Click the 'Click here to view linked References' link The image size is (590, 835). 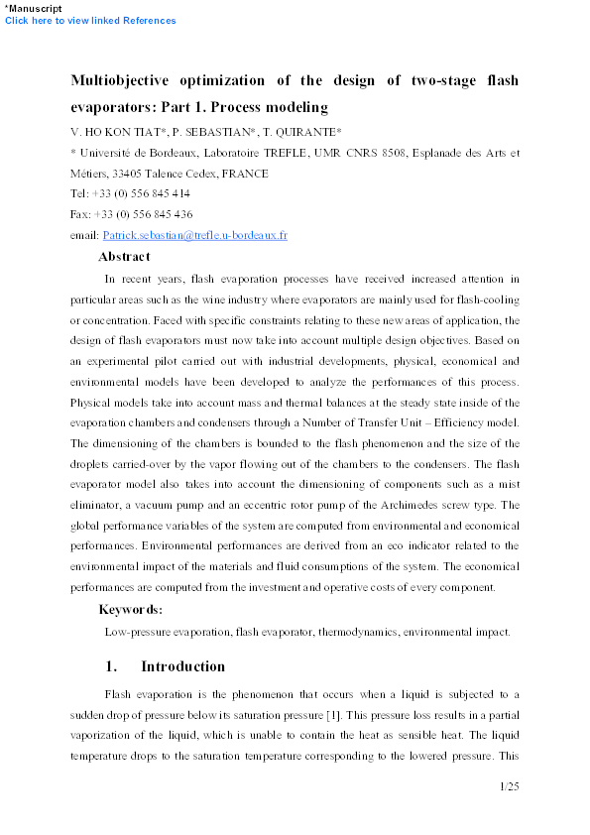pyautogui.click(x=90, y=21)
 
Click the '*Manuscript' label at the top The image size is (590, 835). pyautogui.click(x=32, y=8)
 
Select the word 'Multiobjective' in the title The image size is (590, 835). pyautogui.click(x=126, y=80)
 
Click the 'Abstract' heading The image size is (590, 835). pyautogui.click(x=124, y=256)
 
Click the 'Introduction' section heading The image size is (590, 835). pyautogui.click(x=182, y=666)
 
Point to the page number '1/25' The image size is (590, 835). pyautogui.click(x=509, y=786)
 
